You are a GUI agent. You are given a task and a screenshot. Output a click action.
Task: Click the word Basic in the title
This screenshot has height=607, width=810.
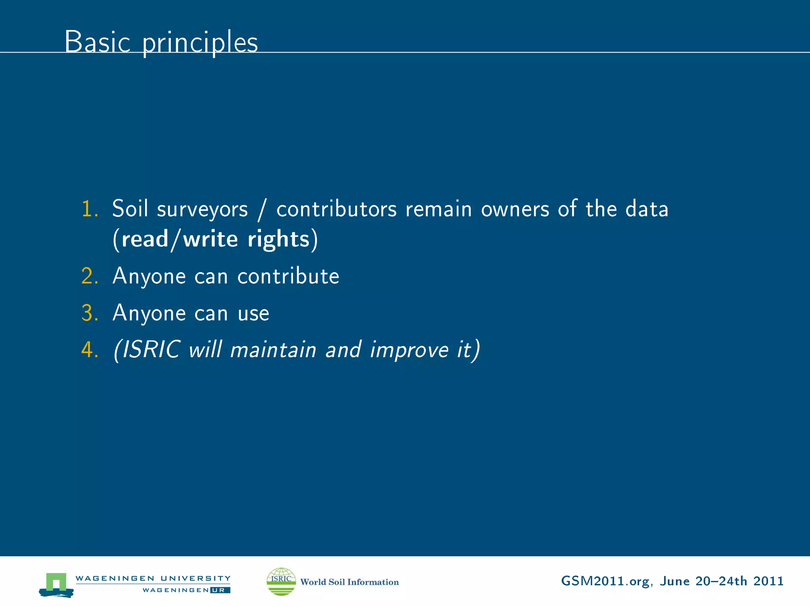[97, 41]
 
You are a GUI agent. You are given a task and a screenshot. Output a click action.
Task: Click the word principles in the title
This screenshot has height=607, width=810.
[200, 43]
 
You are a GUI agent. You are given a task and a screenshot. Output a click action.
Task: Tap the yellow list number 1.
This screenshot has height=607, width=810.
[89, 209]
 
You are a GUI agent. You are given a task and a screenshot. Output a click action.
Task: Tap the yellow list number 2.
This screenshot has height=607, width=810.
[89, 276]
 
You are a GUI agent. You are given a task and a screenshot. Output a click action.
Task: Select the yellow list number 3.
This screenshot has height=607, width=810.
[89, 313]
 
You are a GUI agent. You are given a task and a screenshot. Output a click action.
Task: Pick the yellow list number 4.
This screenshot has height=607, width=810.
[89, 350]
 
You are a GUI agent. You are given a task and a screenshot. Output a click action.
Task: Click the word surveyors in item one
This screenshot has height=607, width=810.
[202, 209]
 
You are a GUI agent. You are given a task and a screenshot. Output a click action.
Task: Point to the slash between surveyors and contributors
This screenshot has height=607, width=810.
[261, 209]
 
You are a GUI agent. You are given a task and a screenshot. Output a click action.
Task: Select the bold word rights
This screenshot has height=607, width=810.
[278, 239]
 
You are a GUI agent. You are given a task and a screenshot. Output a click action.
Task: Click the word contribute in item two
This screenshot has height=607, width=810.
[288, 276]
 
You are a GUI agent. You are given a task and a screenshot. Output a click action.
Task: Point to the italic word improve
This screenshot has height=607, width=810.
[409, 351]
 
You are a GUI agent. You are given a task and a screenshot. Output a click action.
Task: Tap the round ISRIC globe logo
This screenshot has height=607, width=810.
[281, 581]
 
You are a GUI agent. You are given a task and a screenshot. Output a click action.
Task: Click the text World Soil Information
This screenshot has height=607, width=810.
[349, 582]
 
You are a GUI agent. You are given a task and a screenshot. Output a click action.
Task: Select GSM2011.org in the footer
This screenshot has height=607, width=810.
[605, 581]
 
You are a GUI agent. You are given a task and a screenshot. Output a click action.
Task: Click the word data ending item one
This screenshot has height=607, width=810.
[647, 209]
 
